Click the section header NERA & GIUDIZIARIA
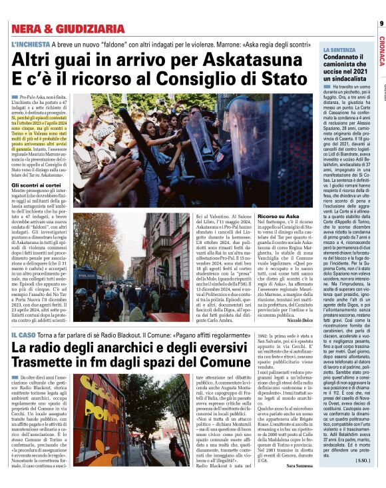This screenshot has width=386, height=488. point(67,29)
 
